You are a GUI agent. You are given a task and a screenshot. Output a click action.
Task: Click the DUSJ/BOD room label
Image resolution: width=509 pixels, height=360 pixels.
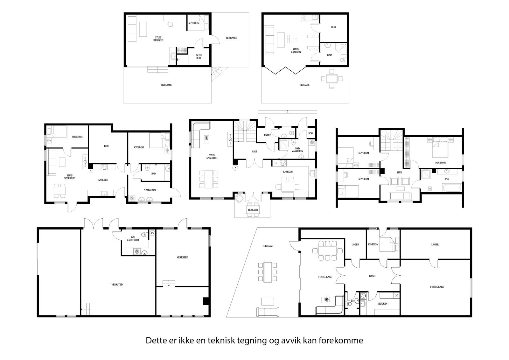(199, 57)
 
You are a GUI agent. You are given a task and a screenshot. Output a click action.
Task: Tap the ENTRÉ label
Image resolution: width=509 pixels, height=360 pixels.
(268, 135)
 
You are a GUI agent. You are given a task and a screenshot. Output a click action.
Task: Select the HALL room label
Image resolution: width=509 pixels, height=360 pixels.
(254, 152)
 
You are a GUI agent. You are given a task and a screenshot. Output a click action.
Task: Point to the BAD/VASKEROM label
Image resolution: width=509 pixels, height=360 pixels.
(297, 150)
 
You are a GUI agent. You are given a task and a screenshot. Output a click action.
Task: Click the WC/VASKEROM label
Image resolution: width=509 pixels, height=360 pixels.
(133, 238)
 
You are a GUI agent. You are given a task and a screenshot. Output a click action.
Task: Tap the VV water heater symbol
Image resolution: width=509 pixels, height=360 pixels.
(152, 233)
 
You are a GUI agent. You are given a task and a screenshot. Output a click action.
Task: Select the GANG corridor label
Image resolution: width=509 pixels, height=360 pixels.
(372, 276)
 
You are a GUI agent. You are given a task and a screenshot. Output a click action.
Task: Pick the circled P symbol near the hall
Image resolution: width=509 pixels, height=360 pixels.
(235, 168)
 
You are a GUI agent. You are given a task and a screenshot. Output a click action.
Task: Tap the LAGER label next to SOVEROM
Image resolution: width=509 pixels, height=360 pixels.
(355, 245)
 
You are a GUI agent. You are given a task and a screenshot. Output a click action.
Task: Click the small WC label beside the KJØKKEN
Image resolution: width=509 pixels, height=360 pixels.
(352, 301)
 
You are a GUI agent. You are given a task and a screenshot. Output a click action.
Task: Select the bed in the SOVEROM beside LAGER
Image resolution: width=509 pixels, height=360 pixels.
(389, 244)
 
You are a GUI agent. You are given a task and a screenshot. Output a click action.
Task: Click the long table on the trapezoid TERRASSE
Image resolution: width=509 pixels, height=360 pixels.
(268, 272)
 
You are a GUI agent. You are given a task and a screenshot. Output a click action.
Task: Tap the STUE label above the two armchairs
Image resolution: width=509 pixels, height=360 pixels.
(399, 173)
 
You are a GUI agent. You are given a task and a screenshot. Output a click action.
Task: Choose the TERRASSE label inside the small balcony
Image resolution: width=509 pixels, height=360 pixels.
(253, 210)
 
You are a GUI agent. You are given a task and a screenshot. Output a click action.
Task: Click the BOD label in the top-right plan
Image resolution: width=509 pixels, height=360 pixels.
(333, 27)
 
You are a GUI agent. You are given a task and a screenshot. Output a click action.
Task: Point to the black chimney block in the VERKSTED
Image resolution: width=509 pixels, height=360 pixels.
(206, 301)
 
